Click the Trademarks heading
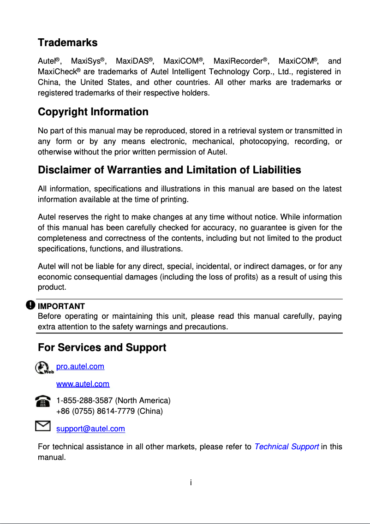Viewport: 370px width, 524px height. pyautogui.click(x=67, y=43)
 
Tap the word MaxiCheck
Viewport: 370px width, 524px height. pyautogui.click(x=57, y=72)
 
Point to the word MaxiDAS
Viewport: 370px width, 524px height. pyautogui.click(x=132, y=61)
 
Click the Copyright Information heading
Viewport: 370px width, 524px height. pyautogui.click(x=93, y=112)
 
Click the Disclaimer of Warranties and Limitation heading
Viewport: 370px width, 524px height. pyautogui.click(x=169, y=170)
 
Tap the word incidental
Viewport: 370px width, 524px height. pyautogui.click(x=215, y=267)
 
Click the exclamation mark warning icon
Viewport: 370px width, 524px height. pyautogui.click(x=30, y=305)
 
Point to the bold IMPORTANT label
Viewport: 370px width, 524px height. pyautogui.click(x=61, y=306)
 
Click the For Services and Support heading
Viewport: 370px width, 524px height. pyautogui.click(x=101, y=347)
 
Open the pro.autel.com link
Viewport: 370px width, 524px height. pyautogui.click(x=80, y=367)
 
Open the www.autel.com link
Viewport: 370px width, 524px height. pyautogui.click(x=83, y=384)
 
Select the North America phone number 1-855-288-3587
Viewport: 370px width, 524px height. pyautogui.click(x=84, y=400)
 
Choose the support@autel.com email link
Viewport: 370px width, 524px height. pyautogui.click(x=90, y=429)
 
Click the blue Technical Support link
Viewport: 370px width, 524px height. pyautogui.click(x=286, y=447)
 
